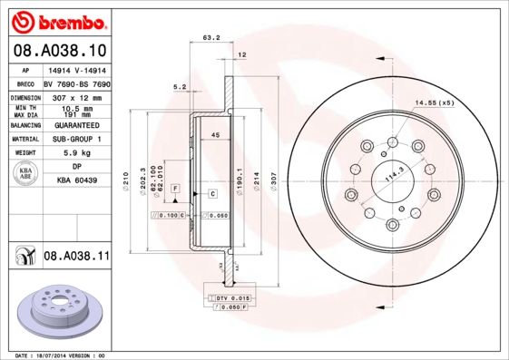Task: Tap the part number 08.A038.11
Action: [76, 257]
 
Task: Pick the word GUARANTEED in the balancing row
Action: [76, 126]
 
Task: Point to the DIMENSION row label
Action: [25, 97]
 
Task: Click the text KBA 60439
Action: [76, 182]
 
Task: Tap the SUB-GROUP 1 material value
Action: [76, 140]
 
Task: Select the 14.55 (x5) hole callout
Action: [435, 102]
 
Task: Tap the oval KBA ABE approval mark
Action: [25, 173]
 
